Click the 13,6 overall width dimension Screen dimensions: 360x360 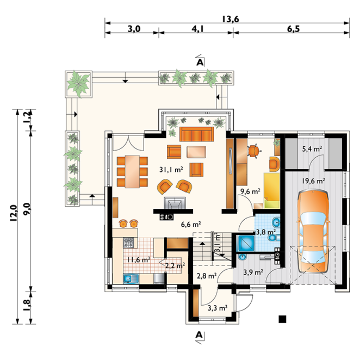point(230,19)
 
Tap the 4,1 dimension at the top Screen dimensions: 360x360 point(197,29)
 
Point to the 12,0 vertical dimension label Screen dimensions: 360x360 point(13,213)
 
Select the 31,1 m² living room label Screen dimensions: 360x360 point(171,170)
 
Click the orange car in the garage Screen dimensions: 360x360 point(313,231)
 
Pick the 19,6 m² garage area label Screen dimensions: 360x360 point(313,181)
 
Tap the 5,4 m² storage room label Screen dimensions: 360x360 point(312,149)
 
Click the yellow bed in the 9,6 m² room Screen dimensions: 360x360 point(272,190)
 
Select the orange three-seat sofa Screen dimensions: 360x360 point(196,134)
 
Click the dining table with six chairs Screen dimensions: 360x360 point(132,171)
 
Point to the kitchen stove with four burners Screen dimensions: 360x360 point(128,243)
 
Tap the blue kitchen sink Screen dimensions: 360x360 point(131,279)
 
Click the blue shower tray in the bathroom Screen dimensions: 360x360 point(246,243)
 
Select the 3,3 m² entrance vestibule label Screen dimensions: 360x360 point(218,308)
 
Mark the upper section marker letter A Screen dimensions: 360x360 point(200,62)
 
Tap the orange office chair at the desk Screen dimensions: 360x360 point(253,151)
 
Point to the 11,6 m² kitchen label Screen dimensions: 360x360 point(139,260)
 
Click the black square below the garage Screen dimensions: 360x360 point(282,319)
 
